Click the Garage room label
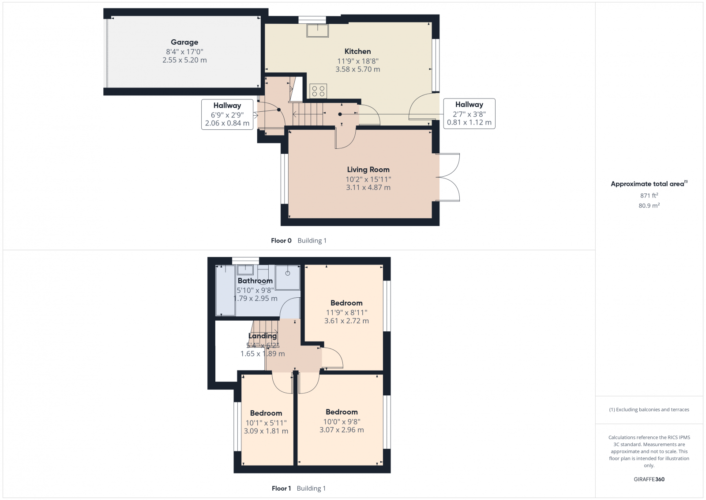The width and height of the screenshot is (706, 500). pos(184,42)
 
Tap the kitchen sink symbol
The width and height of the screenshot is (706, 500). pos(317,30)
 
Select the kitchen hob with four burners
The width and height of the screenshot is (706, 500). pos(318,91)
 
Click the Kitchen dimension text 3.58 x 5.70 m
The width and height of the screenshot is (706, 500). pos(357,69)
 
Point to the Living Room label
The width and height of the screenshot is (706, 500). pos(368,170)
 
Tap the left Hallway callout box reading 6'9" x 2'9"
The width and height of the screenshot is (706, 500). pos(227,114)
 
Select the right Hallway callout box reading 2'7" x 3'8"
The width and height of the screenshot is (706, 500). pos(469,114)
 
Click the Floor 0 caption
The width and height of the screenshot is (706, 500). pos(281,241)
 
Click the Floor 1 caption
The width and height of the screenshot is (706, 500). pos(281,489)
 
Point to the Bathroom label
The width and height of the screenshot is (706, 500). pos(255,281)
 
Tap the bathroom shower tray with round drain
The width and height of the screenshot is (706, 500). pos(288,277)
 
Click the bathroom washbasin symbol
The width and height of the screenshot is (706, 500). pos(245,269)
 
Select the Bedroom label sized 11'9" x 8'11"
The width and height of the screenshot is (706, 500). pos(346,303)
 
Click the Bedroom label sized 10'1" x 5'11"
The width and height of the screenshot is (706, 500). pos(266,413)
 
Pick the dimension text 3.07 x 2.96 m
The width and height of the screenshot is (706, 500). pos(342,430)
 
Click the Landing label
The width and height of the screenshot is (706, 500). pos(263,336)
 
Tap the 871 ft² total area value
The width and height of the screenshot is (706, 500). pos(649,195)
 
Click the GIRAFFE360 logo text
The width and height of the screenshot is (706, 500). pos(649,479)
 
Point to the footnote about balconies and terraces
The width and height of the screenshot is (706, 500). pos(649,410)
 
